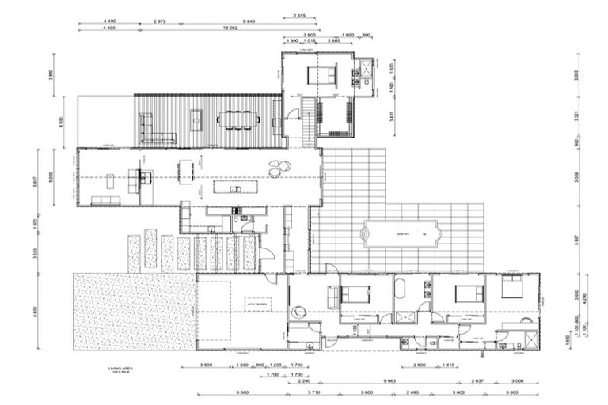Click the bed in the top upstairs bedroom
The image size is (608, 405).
pyautogui.click(x=322, y=77)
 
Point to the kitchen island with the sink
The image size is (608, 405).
pyautogui.click(x=235, y=187)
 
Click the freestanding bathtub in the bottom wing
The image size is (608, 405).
pyautogui.click(x=400, y=288)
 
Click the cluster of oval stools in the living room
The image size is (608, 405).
pyautogui.click(x=279, y=168)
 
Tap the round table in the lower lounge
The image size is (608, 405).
pyautogui.click(x=299, y=312)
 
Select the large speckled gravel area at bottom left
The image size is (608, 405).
pyautogui.click(x=133, y=311)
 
